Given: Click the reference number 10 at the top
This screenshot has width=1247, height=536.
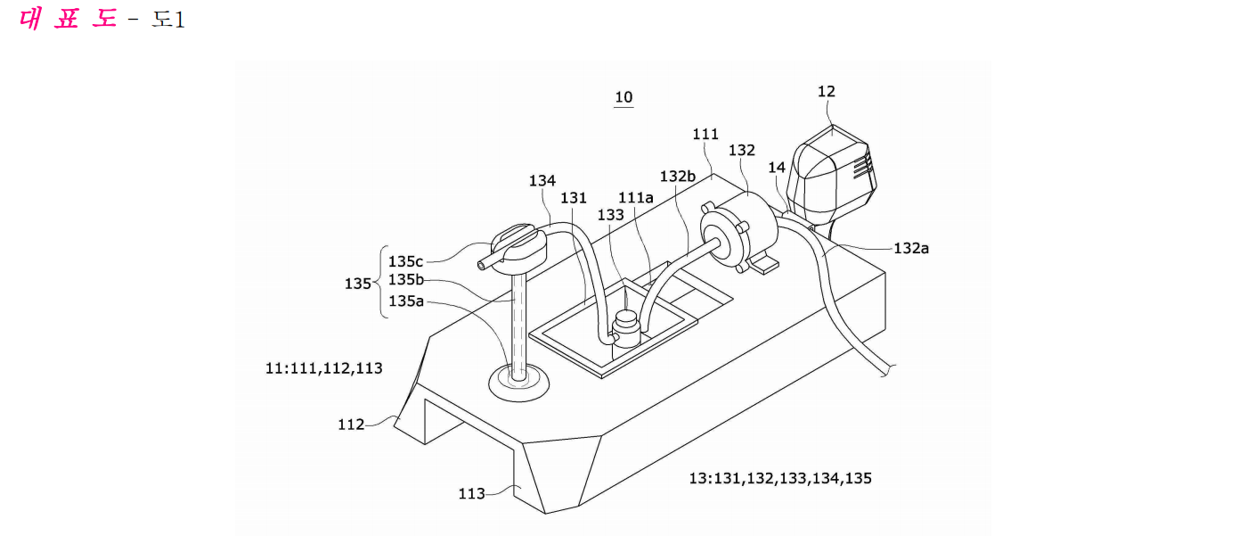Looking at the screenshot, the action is (623, 97).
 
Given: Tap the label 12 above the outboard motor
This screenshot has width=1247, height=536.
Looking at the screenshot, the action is (827, 91).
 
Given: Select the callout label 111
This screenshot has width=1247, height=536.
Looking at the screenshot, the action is (705, 135).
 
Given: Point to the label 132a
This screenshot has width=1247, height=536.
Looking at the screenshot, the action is (911, 249).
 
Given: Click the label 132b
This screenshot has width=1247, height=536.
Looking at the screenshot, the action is (678, 177).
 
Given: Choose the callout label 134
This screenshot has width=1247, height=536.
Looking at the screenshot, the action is (542, 181).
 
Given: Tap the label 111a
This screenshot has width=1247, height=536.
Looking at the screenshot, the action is (636, 198).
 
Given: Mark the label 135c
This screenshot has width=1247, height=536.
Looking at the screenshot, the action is (406, 261).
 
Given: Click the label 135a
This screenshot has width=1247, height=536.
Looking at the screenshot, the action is (406, 301).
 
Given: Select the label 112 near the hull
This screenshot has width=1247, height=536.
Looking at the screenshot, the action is (351, 425).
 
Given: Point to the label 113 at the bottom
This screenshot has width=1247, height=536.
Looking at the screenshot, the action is (471, 494).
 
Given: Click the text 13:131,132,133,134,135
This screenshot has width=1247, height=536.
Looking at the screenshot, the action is (780, 479).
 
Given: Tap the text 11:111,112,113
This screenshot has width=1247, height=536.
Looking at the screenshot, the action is (324, 368).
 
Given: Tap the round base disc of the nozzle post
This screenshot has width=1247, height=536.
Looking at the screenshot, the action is (518, 383).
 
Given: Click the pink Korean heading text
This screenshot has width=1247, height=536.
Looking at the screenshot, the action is (68, 19).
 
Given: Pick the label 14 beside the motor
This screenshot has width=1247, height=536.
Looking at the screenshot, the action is (777, 168).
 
